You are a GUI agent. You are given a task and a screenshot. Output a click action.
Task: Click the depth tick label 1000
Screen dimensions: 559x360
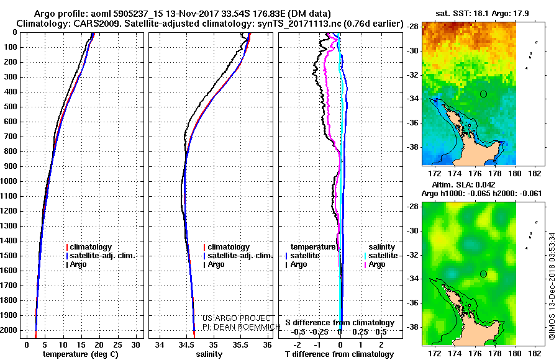pyautogui.click(x=9, y=181)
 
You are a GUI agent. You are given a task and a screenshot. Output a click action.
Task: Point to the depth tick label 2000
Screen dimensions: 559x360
pyautogui.click(x=9, y=330)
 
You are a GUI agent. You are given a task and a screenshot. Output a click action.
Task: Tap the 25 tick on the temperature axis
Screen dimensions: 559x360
pyautogui.click(x=117, y=344)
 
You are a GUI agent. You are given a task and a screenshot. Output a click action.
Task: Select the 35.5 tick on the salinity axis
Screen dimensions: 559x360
pyautogui.click(x=240, y=344)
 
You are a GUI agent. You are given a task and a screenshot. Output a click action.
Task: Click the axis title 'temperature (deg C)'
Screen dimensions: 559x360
pyautogui.click(x=81, y=354)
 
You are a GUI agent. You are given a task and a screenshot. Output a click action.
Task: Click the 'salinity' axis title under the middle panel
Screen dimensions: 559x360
pyautogui.click(x=209, y=354)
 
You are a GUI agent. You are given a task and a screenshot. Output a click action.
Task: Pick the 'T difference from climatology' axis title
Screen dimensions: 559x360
pyautogui.click(x=339, y=354)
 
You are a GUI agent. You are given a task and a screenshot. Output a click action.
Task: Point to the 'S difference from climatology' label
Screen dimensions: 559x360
pyautogui.click(x=340, y=323)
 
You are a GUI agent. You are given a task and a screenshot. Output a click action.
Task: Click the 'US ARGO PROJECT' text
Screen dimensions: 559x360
pyautogui.click(x=237, y=318)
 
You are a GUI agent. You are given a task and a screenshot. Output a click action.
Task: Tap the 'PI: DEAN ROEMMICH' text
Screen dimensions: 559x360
pyautogui.click(x=242, y=326)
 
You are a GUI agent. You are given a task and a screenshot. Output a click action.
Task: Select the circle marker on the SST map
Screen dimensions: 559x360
pyautogui.click(x=483, y=94)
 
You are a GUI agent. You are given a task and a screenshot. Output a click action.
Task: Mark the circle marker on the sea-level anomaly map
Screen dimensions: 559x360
pyautogui.click(x=483, y=274)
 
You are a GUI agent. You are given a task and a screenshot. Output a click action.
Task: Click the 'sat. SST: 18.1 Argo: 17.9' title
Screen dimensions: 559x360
pyautogui.click(x=483, y=14)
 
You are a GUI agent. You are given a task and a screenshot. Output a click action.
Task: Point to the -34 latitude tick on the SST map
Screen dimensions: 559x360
pyautogui.click(x=412, y=99)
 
